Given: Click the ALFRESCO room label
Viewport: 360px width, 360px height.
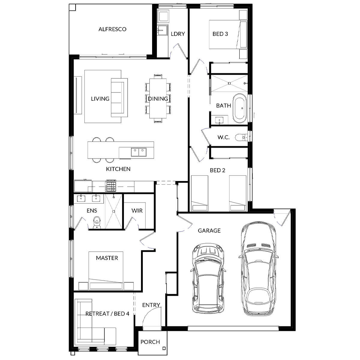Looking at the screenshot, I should [112, 29].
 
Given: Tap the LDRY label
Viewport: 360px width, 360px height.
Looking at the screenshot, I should [178, 34].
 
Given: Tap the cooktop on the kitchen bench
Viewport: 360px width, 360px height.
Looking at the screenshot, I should [110, 186].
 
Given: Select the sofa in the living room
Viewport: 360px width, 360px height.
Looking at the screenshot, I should [119, 98].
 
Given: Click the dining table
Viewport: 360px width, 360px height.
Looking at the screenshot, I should [158, 98].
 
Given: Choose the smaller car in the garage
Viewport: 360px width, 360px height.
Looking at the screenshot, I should [208, 278].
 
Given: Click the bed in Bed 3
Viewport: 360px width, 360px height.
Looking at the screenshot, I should [228, 34].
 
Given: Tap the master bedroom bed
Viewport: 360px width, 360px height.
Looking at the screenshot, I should [106, 270].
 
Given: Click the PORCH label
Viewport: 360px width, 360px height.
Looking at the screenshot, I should [150, 342].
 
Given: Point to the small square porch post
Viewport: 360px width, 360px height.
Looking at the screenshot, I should [164, 349].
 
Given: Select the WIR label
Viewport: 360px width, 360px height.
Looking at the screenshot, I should [137, 211].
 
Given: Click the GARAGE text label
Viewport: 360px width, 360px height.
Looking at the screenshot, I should [209, 231].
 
